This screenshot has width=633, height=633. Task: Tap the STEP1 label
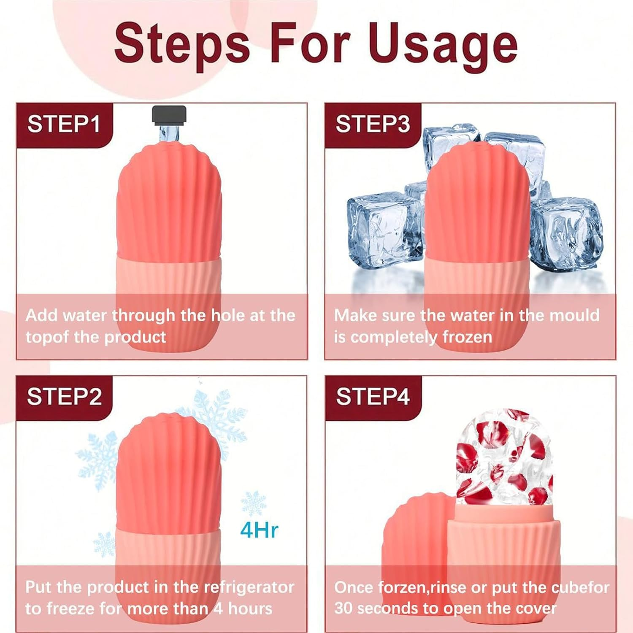(64, 124)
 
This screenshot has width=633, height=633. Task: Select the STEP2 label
(64, 397)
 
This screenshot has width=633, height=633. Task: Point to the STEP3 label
(372, 124)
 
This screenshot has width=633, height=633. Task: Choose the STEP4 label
(373, 397)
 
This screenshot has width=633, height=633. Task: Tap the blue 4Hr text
(259, 530)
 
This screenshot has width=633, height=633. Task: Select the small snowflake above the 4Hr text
(254, 503)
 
